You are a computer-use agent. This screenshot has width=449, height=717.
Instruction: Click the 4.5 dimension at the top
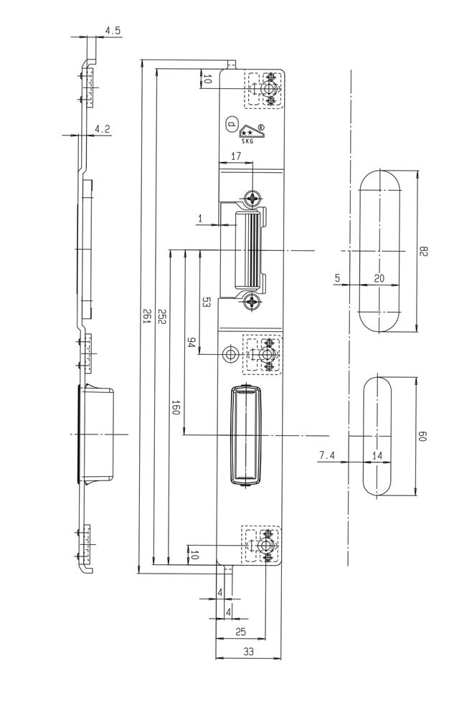pos(113,31)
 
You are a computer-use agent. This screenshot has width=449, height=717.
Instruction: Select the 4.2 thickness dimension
pos(103,129)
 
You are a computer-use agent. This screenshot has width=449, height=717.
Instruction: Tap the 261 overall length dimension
pos(146,316)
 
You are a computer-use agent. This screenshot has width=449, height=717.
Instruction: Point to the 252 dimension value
pos(162,318)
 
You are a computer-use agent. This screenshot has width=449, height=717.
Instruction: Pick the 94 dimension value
pos(192,343)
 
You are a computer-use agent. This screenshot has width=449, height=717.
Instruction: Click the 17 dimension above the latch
pos(236,156)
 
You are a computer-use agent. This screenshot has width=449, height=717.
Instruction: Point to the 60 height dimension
pos(423,435)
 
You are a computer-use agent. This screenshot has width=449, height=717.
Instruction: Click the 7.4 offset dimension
pos(326,455)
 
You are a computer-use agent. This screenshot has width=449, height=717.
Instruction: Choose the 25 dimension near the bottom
pos(240,632)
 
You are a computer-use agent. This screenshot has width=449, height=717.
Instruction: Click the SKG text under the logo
pos(247,142)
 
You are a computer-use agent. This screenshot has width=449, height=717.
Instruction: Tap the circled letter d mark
pos(231,123)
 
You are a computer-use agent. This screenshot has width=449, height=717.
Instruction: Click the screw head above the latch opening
pos(252,198)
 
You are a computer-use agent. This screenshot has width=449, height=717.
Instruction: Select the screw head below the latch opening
pos(252,303)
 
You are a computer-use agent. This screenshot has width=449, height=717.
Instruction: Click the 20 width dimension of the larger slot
pos(379,278)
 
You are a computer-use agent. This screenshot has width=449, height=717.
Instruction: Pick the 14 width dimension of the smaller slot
pos(378,455)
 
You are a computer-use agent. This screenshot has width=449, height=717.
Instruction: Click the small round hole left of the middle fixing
pos(230,355)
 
